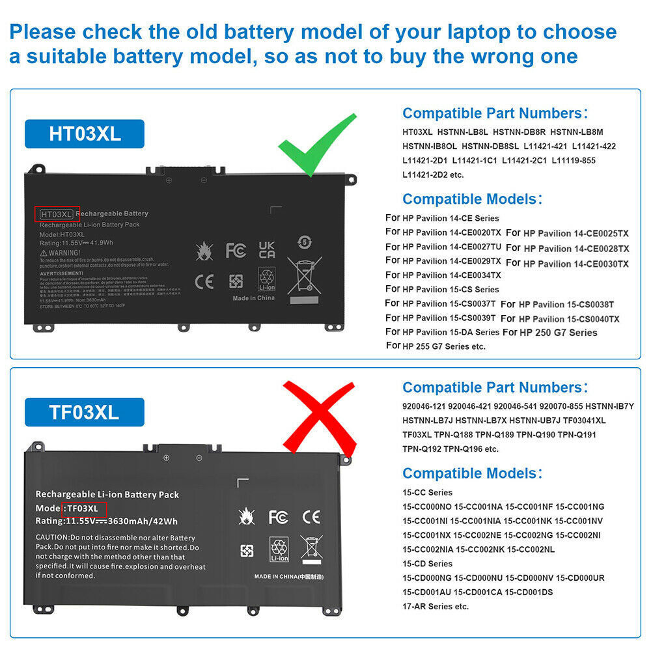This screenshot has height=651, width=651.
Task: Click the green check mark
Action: [x=314, y=145]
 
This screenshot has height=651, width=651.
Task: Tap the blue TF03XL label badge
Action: [x=85, y=412]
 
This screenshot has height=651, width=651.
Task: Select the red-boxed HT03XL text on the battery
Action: [x=57, y=214]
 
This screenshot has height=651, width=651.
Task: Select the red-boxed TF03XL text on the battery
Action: [x=83, y=508]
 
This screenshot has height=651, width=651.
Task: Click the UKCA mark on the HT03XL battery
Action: [x=267, y=250]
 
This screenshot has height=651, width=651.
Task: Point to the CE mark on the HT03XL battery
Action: [x=204, y=281]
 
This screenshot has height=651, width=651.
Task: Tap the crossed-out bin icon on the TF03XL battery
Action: [x=311, y=549]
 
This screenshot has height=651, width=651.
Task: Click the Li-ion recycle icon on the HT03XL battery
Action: [x=268, y=279]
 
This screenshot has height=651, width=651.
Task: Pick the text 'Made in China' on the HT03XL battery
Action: [x=254, y=298]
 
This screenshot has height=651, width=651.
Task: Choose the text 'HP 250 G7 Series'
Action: [x=559, y=333]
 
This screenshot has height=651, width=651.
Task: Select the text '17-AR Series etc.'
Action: [x=436, y=607]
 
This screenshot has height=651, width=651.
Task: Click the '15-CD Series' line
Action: [x=427, y=564]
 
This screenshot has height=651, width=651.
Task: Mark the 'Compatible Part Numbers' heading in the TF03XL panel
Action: [x=495, y=388]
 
